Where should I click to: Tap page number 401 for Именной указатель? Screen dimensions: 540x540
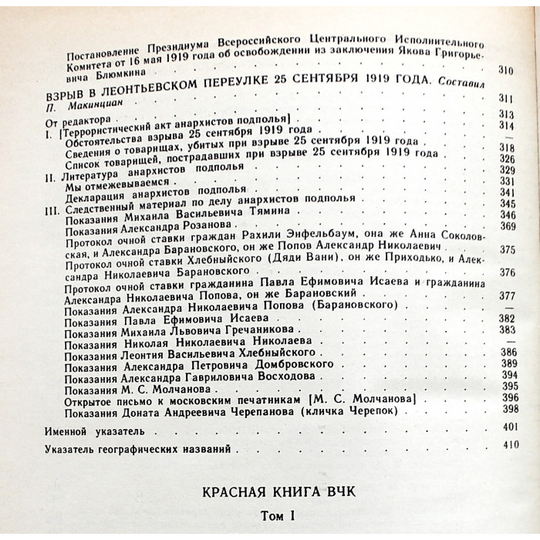(508, 427)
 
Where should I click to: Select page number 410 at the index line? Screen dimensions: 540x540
(510, 445)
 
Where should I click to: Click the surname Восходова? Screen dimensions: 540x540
(273, 376)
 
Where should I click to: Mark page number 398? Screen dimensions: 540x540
(509, 409)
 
